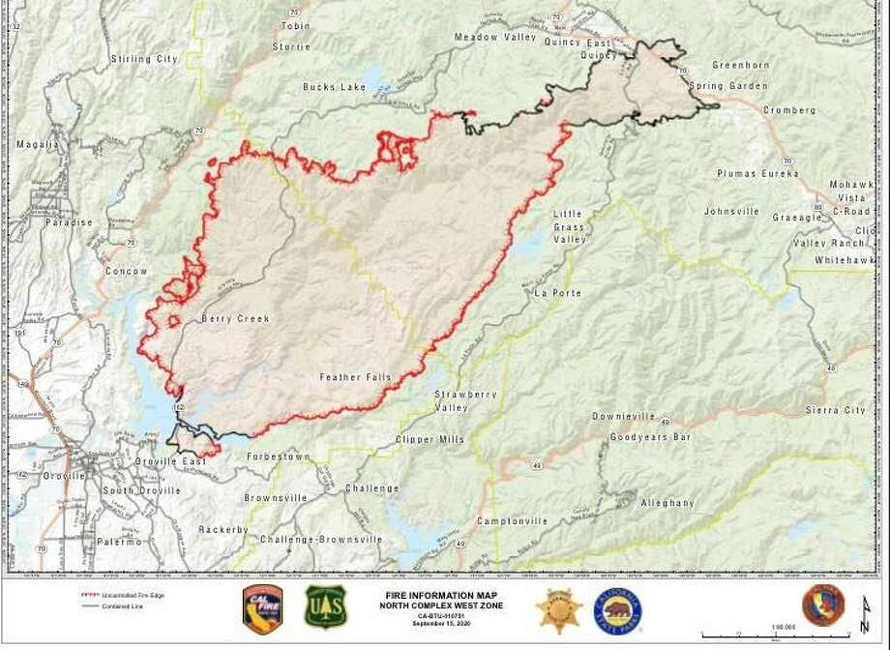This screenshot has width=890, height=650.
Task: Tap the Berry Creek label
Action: pyautogui.click(x=235, y=318)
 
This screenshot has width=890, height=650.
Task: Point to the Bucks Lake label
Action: pyautogui.click(x=334, y=86)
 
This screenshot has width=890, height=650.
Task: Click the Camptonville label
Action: pyautogui.click(x=512, y=520)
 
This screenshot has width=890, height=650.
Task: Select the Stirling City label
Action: pyautogui.click(x=144, y=59)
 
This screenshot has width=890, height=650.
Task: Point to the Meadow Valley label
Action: pyautogui.click(x=494, y=37)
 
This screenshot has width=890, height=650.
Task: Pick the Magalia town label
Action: pyautogui.click(x=38, y=144)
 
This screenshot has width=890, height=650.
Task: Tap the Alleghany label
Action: pyautogui.click(x=667, y=503)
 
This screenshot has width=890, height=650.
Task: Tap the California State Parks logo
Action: pyautogui.click(x=617, y=608)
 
